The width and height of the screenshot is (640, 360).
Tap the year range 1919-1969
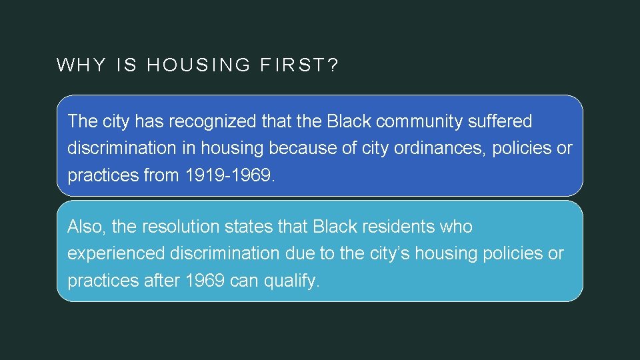coord(227,175)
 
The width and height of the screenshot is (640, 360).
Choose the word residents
coord(399,227)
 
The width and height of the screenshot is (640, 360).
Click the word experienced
coord(117,254)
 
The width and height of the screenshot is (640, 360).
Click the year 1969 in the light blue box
coord(205,281)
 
